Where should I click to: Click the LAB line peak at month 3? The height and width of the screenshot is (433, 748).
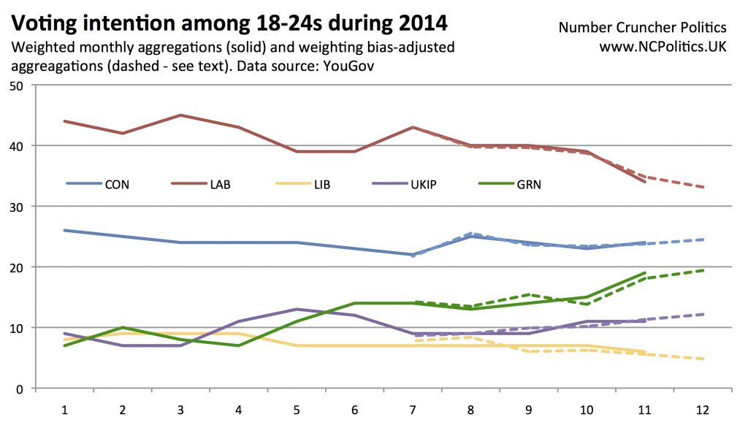click(x=180, y=115)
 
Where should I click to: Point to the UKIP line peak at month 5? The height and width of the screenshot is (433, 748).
click(x=297, y=309)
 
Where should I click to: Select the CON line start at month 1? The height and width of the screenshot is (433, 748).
click(x=64, y=230)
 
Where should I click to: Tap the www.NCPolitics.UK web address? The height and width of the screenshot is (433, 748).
click(x=663, y=46)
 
